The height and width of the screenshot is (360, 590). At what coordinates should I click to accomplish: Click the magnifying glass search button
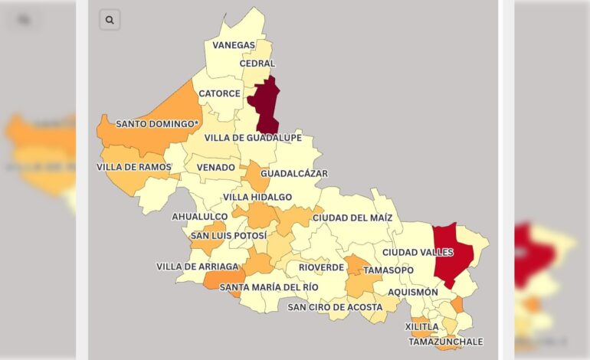[110, 20]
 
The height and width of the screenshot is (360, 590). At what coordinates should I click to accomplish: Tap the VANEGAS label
[234, 45]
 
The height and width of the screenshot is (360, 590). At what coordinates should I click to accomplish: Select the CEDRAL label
[257, 64]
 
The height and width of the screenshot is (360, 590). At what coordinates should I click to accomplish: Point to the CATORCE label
[219, 93]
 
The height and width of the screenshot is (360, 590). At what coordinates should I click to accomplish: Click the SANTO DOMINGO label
[157, 123]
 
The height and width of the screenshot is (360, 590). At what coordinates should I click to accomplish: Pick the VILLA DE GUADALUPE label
[252, 138]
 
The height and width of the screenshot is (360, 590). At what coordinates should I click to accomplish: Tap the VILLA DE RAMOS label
[134, 167]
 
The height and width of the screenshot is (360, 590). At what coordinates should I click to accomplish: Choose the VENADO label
[216, 167]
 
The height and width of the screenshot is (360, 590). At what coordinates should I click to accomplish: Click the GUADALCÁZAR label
[294, 174]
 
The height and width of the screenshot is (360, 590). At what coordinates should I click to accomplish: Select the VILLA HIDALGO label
[257, 197]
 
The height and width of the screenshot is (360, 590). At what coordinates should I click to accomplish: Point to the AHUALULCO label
[199, 217]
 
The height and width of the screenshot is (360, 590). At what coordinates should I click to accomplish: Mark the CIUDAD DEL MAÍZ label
[352, 218]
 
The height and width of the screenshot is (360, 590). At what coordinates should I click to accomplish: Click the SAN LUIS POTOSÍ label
[229, 236]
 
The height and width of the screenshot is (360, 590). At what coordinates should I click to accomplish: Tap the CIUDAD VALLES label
[418, 252]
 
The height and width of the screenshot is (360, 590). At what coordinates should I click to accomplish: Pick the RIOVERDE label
[321, 267]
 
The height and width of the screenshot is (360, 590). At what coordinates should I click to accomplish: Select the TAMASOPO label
[388, 270]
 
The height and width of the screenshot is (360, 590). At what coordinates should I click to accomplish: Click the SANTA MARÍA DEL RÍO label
[269, 287]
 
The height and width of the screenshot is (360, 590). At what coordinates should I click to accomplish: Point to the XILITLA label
[422, 326]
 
